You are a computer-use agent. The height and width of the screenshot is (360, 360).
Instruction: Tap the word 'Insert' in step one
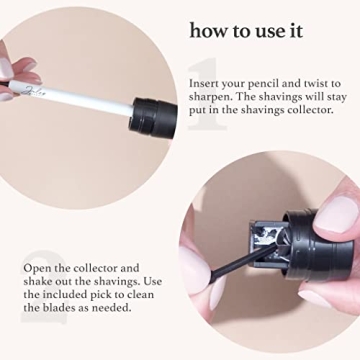pyautogui.click(x=205, y=83)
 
